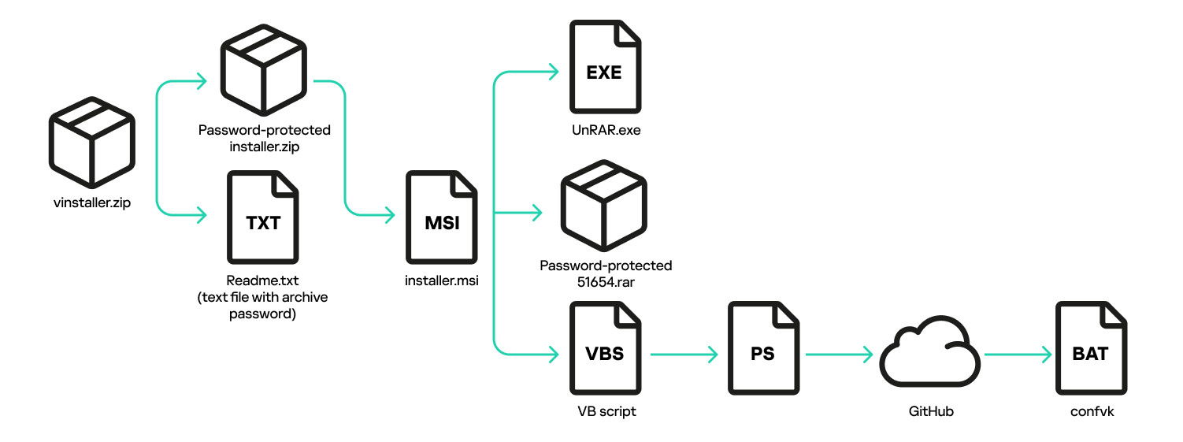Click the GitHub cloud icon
(x=929, y=355)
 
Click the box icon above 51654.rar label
(x=605, y=206)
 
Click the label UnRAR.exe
(x=606, y=130)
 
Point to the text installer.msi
(x=442, y=280)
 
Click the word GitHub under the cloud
(x=931, y=411)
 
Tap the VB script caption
(x=606, y=411)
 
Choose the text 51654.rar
(x=606, y=281)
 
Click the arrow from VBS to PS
(x=682, y=355)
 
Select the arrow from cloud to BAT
(x=1018, y=355)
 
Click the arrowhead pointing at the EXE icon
(x=551, y=73)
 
